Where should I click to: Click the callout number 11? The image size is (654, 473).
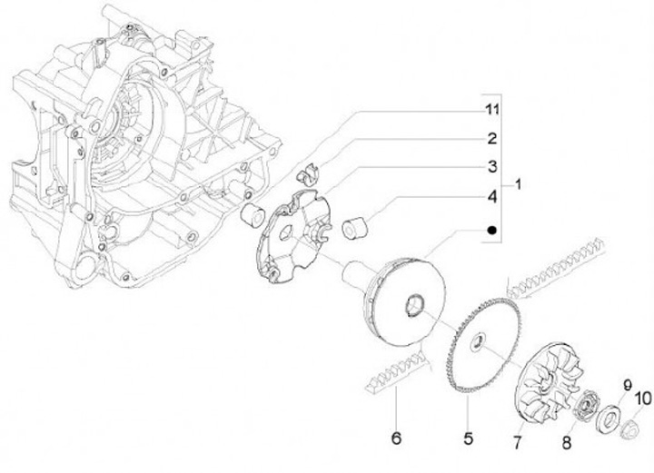(x=491, y=112)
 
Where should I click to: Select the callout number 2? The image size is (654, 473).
(x=491, y=140)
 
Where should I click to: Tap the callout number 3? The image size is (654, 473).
(x=491, y=167)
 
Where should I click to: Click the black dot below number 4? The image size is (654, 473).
(x=491, y=230)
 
